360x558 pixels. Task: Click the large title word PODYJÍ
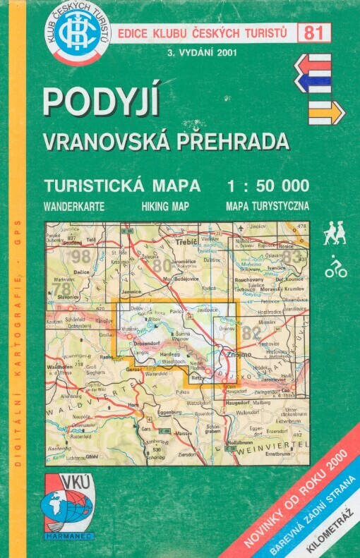(x=100, y=101)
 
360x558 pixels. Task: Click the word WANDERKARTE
(x=74, y=207)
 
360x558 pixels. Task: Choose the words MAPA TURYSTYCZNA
(x=268, y=207)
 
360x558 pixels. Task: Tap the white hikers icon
(x=335, y=235)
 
